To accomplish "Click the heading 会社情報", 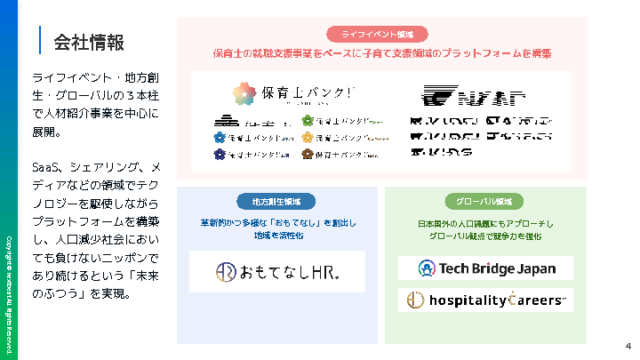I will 88,42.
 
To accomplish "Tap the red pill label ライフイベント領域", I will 383,35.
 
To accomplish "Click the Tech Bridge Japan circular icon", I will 426,268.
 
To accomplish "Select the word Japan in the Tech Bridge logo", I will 538,268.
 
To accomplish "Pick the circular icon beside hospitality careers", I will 414,300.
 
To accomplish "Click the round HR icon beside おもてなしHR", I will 226,271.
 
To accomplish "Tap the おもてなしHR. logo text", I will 290,271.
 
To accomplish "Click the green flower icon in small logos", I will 308,121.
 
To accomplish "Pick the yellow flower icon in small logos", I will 308,138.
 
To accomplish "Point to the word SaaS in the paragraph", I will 44,167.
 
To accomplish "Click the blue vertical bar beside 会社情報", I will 40,41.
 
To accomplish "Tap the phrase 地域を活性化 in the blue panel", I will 277,236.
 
